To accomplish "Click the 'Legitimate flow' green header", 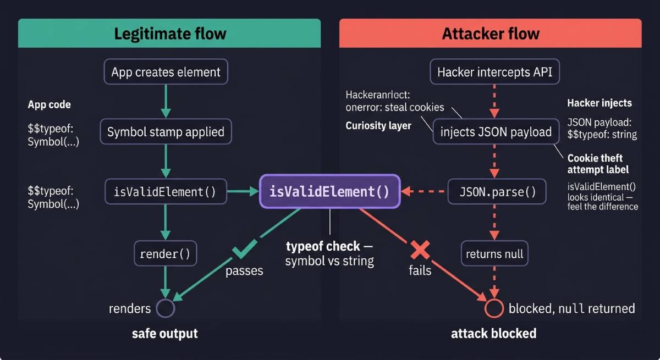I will pyautogui.click(x=169, y=34).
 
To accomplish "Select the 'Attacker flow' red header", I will pyautogui.click(x=491, y=34).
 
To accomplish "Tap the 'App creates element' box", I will pyautogui.click(x=166, y=72).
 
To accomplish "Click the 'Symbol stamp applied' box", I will pyautogui.click(x=166, y=132).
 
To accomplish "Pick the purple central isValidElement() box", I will pyautogui.click(x=329, y=192).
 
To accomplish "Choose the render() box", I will pyautogui.click(x=165, y=254).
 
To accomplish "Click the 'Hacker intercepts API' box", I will pyautogui.click(x=494, y=72).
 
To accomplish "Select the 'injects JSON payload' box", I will pyautogui.click(x=496, y=132).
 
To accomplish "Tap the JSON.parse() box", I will pyautogui.click(x=497, y=192).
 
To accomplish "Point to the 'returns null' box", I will pyautogui.click(x=494, y=254).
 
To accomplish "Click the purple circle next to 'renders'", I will pyautogui.click(x=165, y=308).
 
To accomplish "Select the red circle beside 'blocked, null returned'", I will pyautogui.click(x=494, y=308).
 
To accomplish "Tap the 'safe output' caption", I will pyautogui.click(x=164, y=334).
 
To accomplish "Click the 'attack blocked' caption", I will pyautogui.click(x=493, y=334).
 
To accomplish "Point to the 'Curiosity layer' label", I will pyautogui.click(x=378, y=126).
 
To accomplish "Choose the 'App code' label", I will pyautogui.click(x=49, y=104).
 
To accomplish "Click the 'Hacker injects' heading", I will pyautogui.click(x=599, y=103).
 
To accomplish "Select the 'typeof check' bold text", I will pyautogui.click(x=323, y=246).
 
